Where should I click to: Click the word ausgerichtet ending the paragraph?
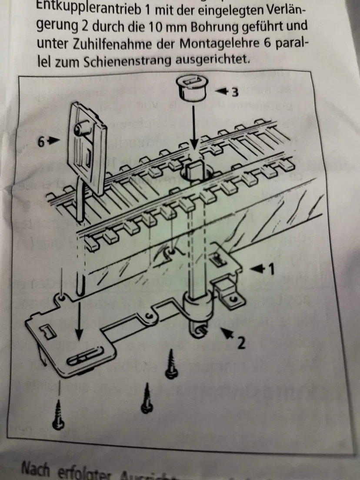[x=213, y=61]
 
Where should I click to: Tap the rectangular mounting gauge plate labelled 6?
[x=89, y=143]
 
